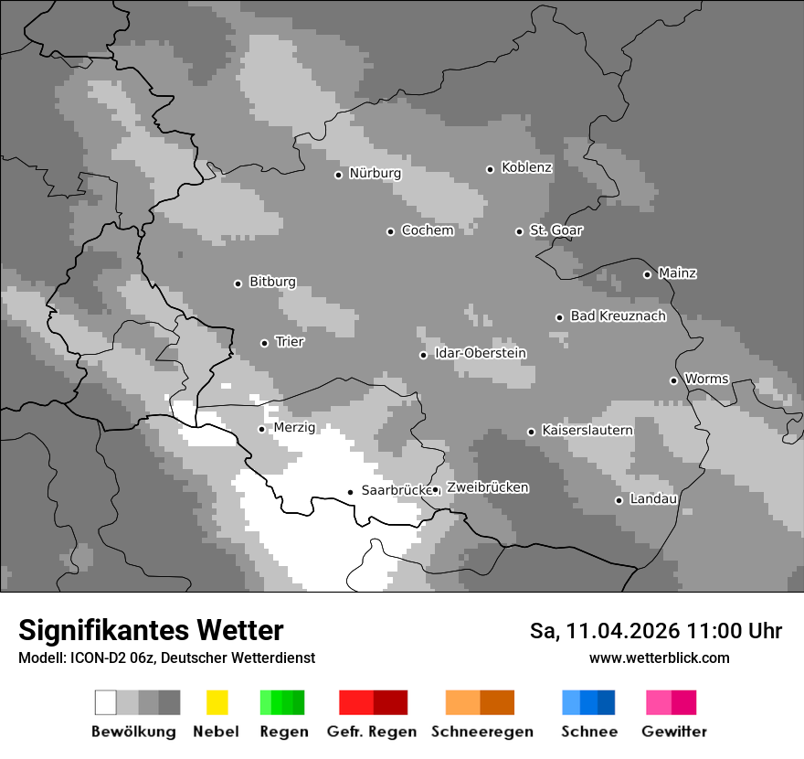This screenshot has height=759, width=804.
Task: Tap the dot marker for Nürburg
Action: (x=338, y=175)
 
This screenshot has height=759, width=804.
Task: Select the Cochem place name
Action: (x=427, y=230)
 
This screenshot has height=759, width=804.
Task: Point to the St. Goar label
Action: (x=555, y=230)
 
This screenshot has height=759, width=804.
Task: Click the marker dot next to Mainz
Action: (x=647, y=274)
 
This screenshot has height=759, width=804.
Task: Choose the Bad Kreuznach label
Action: (x=618, y=316)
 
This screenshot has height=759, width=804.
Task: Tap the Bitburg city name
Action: (x=272, y=283)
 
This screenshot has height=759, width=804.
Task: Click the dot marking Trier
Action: (x=264, y=343)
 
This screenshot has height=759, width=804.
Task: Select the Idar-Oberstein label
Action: (x=481, y=354)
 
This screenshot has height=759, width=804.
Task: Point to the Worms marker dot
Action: (x=673, y=380)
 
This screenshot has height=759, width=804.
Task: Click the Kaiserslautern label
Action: (x=587, y=431)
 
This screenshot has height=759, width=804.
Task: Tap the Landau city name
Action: (x=652, y=499)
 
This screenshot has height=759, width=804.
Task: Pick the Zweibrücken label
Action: (x=487, y=488)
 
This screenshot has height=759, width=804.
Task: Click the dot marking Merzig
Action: (x=261, y=429)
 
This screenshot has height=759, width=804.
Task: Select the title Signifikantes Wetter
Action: (x=151, y=631)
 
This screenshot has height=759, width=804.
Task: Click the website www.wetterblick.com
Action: (x=659, y=658)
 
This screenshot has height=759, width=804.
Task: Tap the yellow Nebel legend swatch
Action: (x=217, y=702)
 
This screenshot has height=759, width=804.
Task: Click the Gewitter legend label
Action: (x=673, y=732)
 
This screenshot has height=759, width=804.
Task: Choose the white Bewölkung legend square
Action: (x=106, y=702)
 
